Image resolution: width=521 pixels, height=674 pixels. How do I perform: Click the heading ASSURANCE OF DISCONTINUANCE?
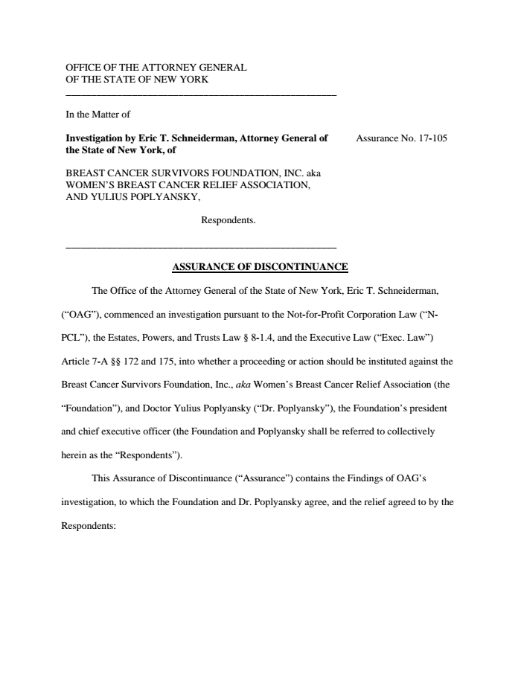click(x=260, y=266)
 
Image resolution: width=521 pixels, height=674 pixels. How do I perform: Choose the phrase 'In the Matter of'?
click(x=98, y=115)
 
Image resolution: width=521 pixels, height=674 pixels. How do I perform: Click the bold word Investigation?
click(x=96, y=138)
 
